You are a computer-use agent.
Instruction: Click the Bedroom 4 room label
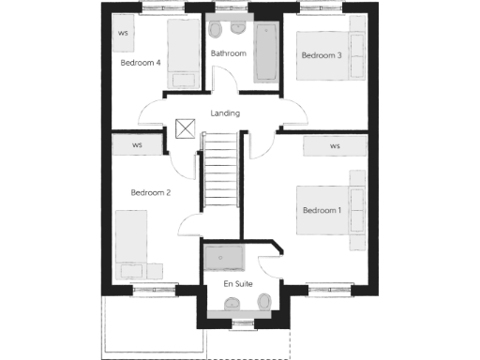tap(141, 63)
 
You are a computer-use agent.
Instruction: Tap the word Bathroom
tap(228, 53)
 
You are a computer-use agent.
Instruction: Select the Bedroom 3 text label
tap(321, 55)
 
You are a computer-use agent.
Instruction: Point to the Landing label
tap(225, 113)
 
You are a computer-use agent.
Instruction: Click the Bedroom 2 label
tap(150, 192)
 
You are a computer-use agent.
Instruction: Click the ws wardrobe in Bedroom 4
tap(124, 33)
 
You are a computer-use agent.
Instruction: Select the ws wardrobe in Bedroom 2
tap(137, 145)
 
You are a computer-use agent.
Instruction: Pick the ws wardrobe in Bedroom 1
tap(335, 146)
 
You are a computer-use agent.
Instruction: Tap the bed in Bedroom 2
tap(137, 247)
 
